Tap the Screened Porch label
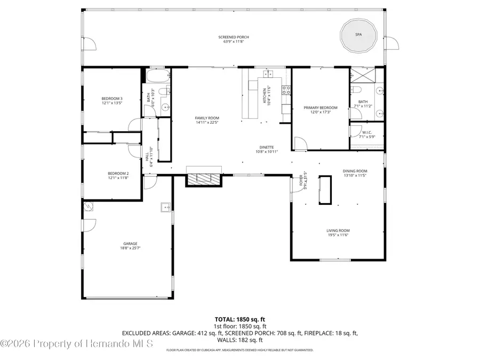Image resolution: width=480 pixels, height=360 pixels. (x=234, y=37)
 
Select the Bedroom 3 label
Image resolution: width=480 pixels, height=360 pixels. (x=112, y=99)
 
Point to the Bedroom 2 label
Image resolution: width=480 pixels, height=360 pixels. (x=118, y=173)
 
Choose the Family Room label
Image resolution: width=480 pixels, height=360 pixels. (x=207, y=118)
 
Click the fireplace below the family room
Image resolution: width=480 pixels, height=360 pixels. (x=203, y=179)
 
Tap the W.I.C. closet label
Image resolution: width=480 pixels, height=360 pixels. (x=366, y=133)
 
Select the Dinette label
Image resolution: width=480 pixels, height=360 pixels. (x=267, y=147)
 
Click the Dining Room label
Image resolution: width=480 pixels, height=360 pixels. (x=355, y=171)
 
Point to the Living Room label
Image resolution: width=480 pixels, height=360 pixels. (x=338, y=231)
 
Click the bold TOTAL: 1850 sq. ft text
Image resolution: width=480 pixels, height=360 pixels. (x=239, y=318)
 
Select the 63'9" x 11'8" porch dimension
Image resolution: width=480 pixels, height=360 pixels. (x=234, y=41)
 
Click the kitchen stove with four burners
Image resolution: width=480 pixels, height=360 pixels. (x=285, y=90)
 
